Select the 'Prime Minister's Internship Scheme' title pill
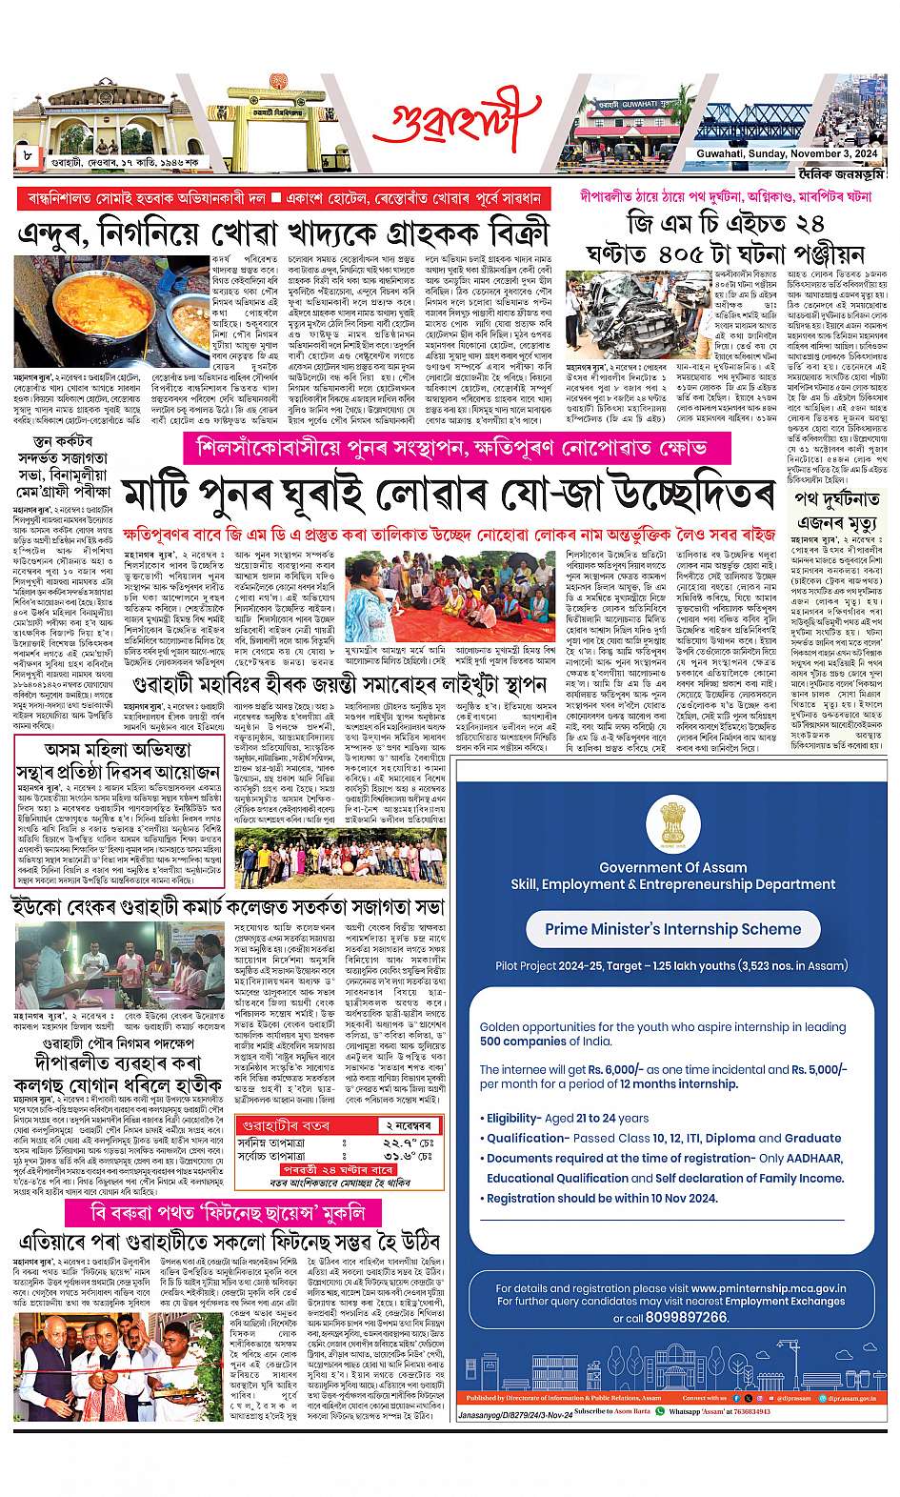tap(672, 928)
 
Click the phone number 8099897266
tap(685, 1317)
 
